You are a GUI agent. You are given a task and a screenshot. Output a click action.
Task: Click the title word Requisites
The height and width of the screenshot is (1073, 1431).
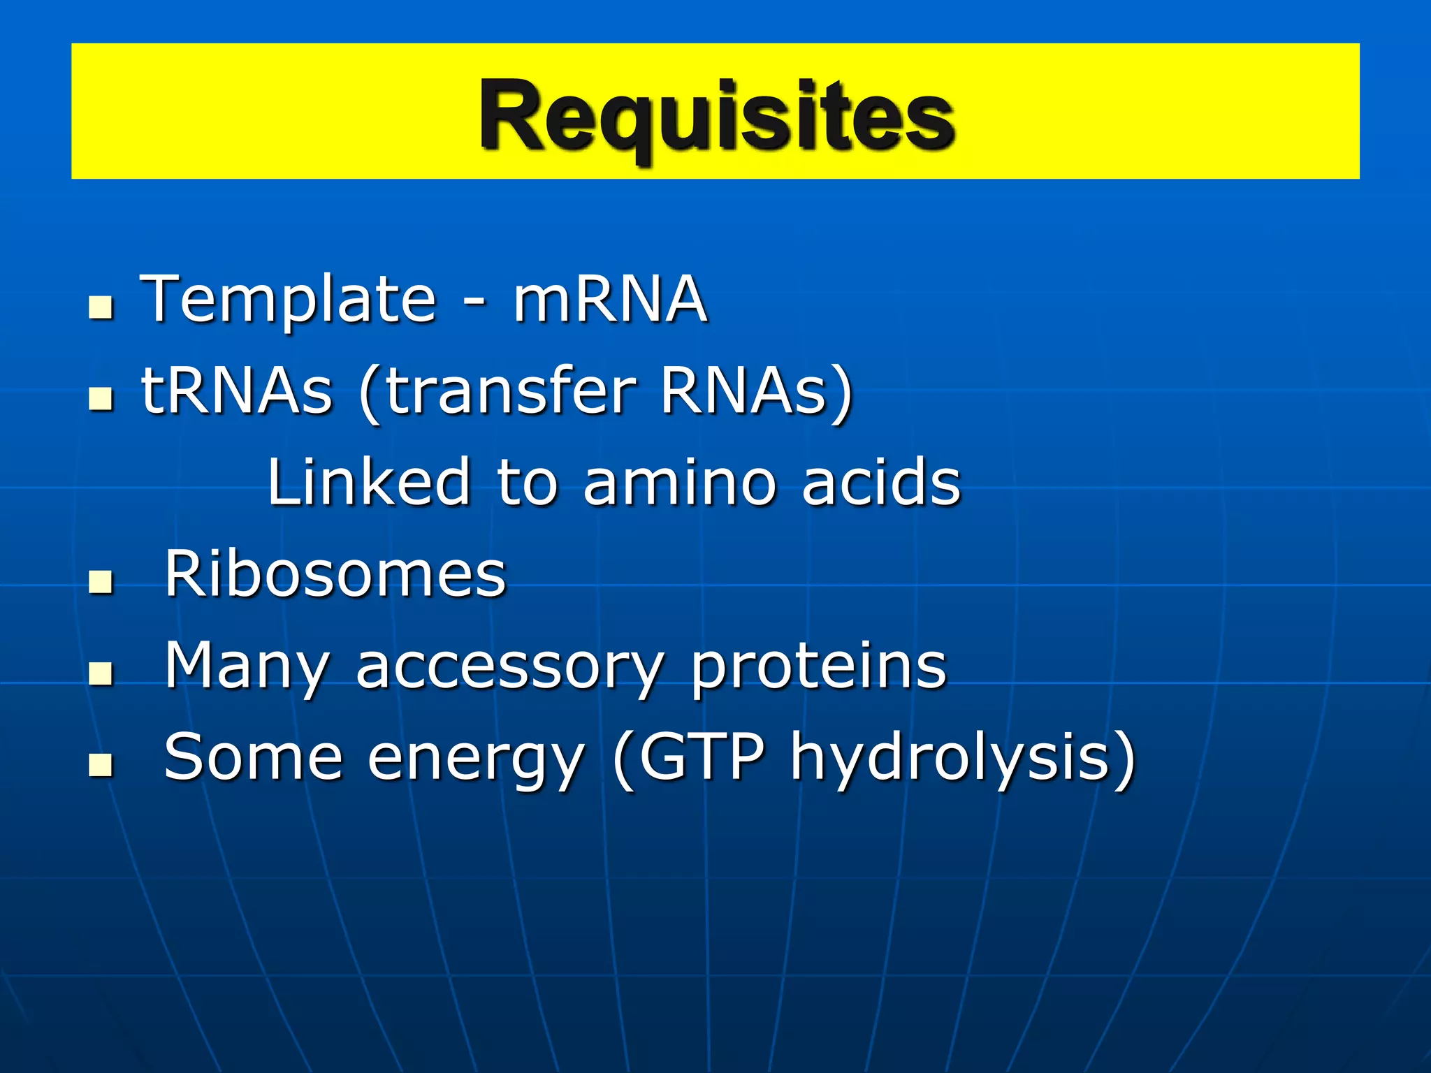tap(717, 115)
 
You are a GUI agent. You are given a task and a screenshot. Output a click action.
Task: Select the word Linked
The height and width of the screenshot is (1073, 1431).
tap(369, 481)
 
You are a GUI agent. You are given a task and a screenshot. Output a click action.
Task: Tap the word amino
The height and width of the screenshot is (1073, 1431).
tap(679, 481)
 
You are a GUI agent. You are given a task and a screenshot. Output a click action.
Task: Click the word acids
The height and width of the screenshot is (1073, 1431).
tap(881, 481)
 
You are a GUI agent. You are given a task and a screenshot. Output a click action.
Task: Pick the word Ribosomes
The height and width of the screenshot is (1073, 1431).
tap(335, 574)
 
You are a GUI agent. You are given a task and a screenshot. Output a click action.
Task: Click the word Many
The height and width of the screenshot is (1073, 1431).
tap(247, 666)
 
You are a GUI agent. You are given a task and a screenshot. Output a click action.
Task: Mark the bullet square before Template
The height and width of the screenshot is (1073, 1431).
tap(101, 307)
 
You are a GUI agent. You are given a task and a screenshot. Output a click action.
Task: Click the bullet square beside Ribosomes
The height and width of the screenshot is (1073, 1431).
tap(101, 582)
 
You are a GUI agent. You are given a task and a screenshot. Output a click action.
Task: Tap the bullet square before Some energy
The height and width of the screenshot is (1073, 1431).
tap(101, 765)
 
